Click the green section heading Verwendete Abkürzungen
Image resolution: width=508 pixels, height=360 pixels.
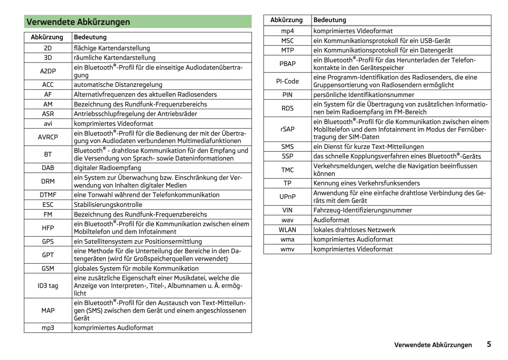coord(78,22)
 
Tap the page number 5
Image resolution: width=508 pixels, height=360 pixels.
coord(489,344)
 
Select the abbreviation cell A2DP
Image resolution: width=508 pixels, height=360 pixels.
coord(48,71)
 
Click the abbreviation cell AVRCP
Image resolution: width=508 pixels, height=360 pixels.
coord(48,137)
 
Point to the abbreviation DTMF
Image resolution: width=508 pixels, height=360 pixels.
coord(48,195)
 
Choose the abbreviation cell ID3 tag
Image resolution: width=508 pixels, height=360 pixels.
coord(48,286)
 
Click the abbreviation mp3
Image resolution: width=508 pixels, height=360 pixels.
coord(48,328)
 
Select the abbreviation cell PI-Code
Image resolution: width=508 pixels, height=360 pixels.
coord(287,81)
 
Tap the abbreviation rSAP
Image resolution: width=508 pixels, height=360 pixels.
coord(287,129)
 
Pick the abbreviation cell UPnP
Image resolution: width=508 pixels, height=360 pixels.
coord(287,197)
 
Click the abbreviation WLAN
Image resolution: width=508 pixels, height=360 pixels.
coord(287,230)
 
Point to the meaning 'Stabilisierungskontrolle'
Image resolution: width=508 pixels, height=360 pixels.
coord(108,205)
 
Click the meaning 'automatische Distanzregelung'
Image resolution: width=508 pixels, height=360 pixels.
coord(118,85)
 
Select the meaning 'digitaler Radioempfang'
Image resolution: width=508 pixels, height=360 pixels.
coord(107,168)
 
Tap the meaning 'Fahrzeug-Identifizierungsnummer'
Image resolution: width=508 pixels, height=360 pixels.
coord(362,210)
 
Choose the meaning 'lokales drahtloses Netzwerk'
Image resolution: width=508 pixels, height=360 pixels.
coord(354,230)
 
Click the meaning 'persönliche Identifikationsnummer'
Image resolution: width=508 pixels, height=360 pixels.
coord(364,95)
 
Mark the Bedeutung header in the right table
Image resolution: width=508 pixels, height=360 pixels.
coord(329,20)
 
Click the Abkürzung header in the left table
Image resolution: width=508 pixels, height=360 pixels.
coord(47,37)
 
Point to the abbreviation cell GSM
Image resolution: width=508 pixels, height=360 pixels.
coord(48,268)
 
